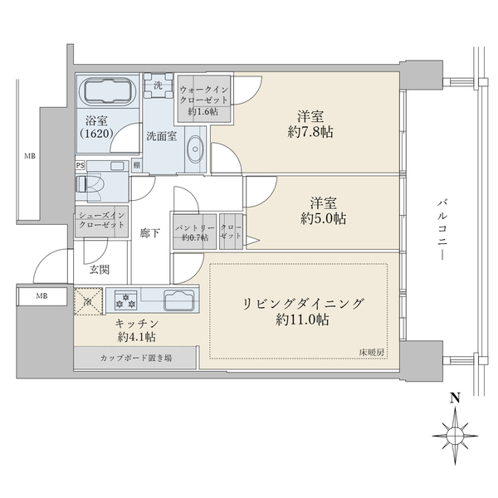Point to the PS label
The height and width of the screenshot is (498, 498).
(x=81, y=165)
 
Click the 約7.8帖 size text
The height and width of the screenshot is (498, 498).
(x=310, y=132)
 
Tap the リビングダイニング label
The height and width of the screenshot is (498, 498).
(x=303, y=304)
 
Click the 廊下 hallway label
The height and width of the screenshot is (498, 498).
(x=149, y=233)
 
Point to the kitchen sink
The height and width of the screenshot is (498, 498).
(x=178, y=299)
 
